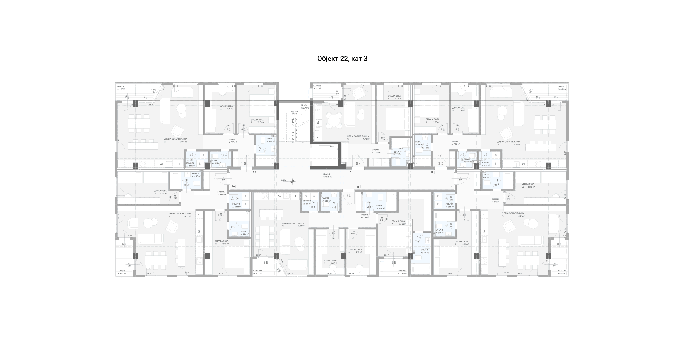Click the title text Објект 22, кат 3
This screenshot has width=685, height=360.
342,59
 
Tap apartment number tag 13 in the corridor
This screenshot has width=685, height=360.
255,172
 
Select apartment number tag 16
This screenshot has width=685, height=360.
451,186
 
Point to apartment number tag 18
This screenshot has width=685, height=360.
350,172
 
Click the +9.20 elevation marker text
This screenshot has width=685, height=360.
282,180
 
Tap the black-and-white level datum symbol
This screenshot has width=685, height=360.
292,181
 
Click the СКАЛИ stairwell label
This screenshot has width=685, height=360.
304,105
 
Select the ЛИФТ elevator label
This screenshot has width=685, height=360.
332,147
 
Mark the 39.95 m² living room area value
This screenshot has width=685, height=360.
184,142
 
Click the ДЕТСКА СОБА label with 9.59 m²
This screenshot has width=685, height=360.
226,106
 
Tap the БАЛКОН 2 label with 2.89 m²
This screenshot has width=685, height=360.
402,271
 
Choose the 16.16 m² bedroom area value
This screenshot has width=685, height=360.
402,224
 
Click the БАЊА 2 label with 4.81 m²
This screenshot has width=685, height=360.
424,250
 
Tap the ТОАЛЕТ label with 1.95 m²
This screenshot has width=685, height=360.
467,159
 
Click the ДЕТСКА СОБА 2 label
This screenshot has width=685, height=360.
330,260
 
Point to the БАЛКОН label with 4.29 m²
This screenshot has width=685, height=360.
121,86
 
